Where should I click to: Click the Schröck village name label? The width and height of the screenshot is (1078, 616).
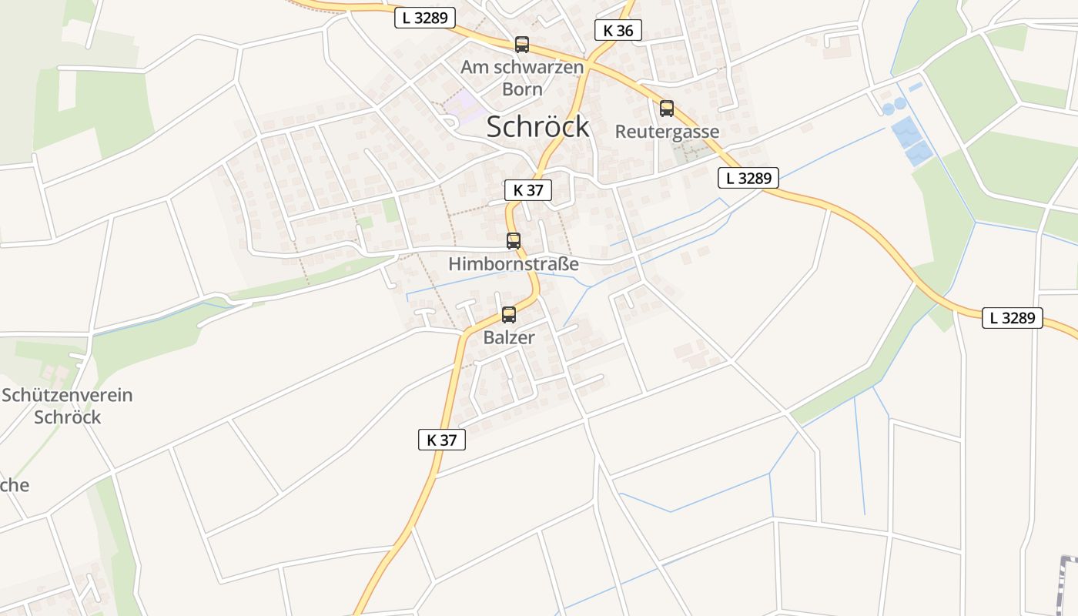coord(537,127)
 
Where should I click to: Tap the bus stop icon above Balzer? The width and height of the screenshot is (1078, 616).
coord(508,314)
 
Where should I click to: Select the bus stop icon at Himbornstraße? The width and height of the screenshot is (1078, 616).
coord(514,240)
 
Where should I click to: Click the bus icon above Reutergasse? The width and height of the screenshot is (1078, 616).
coord(667,109)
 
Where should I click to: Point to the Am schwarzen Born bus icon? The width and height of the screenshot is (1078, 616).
coord(522,45)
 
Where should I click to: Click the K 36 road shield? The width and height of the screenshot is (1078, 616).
coord(618,30)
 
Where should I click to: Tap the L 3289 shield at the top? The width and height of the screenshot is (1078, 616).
coord(425,18)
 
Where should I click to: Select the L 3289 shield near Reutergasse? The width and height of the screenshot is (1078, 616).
coord(748,178)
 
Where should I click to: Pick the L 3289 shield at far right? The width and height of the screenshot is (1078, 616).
coord(1012,317)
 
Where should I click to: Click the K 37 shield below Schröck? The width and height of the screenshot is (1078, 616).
coord(528,189)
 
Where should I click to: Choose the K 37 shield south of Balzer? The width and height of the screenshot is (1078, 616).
coord(442,440)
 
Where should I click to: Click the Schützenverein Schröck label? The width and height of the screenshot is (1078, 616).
coord(67,406)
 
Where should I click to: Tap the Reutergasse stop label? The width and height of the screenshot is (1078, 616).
coord(667,132)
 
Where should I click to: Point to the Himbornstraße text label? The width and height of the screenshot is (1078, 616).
coord(514,264)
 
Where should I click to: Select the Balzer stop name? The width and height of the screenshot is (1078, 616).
coord(509,337)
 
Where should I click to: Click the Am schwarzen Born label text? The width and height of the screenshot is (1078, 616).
coord(522,78)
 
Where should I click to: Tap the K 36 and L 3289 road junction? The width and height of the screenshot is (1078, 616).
coord(589,60)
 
